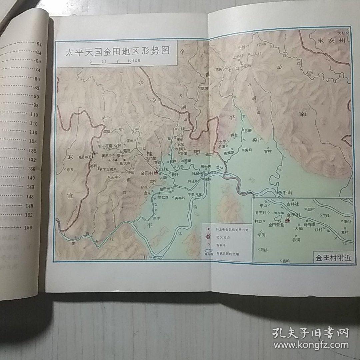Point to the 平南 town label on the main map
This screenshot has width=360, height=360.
[x=287, y=192]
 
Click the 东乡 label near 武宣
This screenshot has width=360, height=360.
[x=70, y=169]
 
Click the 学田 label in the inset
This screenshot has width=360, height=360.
[x=261, y=235]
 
